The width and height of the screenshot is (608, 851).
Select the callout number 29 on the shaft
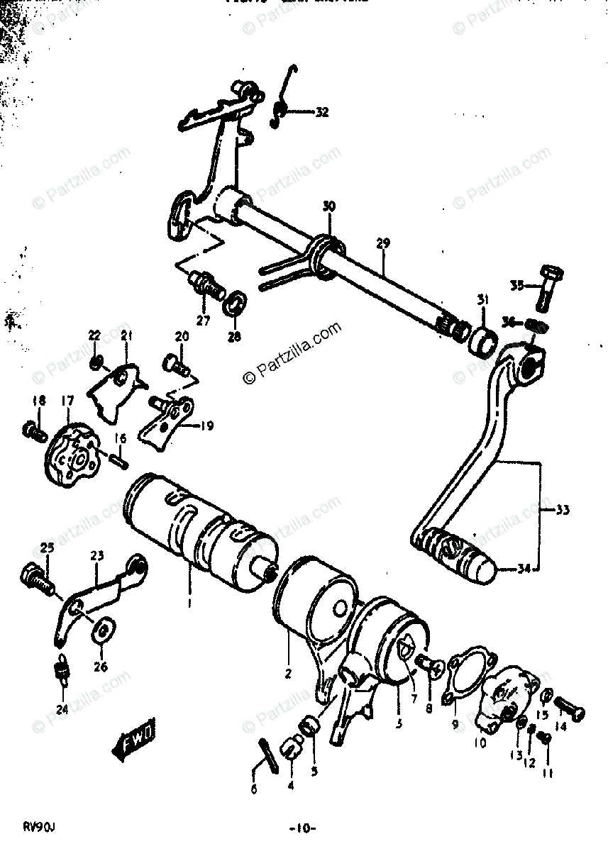383,244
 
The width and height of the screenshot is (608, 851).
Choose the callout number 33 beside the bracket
563,509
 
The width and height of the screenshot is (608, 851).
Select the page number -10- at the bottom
302,829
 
